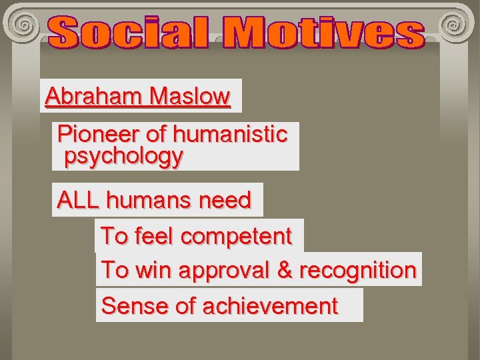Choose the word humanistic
[229, 134]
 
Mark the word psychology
[123, 157]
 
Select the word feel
[154, 236]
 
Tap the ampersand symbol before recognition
[285, 270]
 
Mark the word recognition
[358, 270]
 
